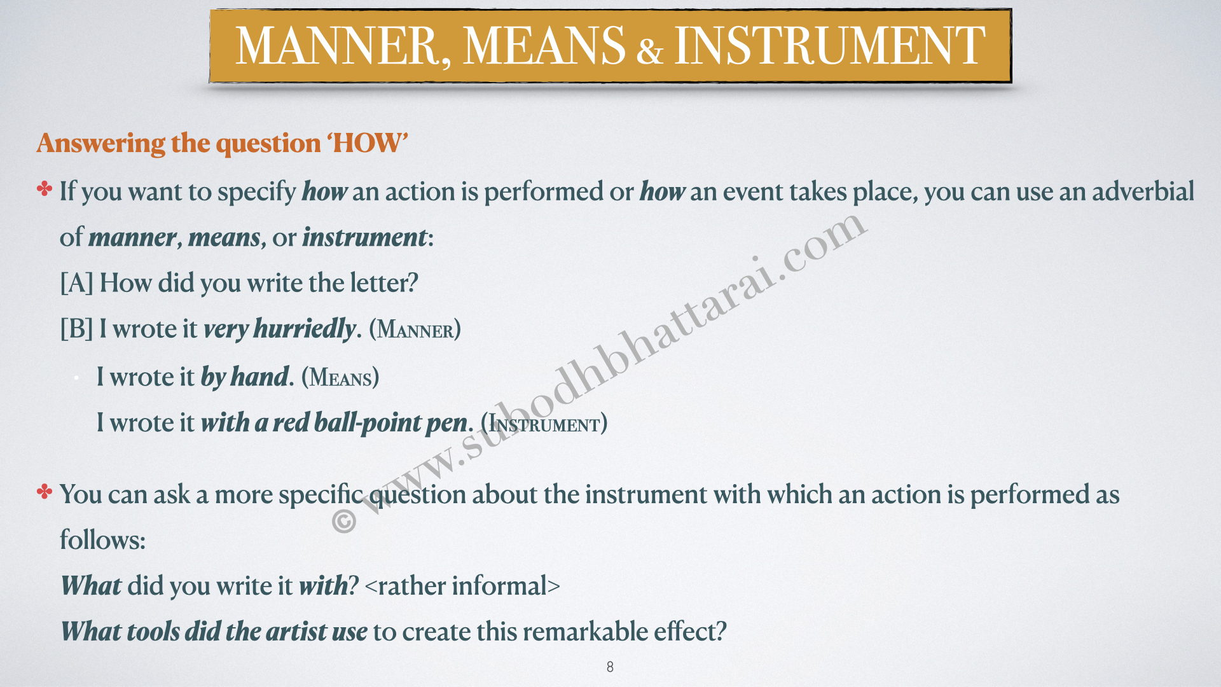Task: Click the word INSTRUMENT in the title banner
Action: [829, 46]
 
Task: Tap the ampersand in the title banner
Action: [649, 51]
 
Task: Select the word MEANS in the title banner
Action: [544, 46]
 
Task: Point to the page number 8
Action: [610, 667]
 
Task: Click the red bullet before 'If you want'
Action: [45, 189]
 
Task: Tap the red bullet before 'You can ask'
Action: [45, 492]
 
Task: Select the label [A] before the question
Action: [76, 283]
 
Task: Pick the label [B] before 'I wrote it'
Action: [76, 329]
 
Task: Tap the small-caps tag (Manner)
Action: [415, 330]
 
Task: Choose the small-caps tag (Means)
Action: [340, 377]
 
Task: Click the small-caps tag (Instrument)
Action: [544, 424]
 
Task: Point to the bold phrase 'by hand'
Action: [245, 377]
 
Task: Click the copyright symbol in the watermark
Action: [344, 521]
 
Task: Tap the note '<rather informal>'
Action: [462, 586]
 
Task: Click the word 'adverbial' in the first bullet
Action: [1143, 191]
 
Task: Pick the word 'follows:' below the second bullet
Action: [102, 540]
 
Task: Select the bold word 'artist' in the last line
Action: [296, 632]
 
